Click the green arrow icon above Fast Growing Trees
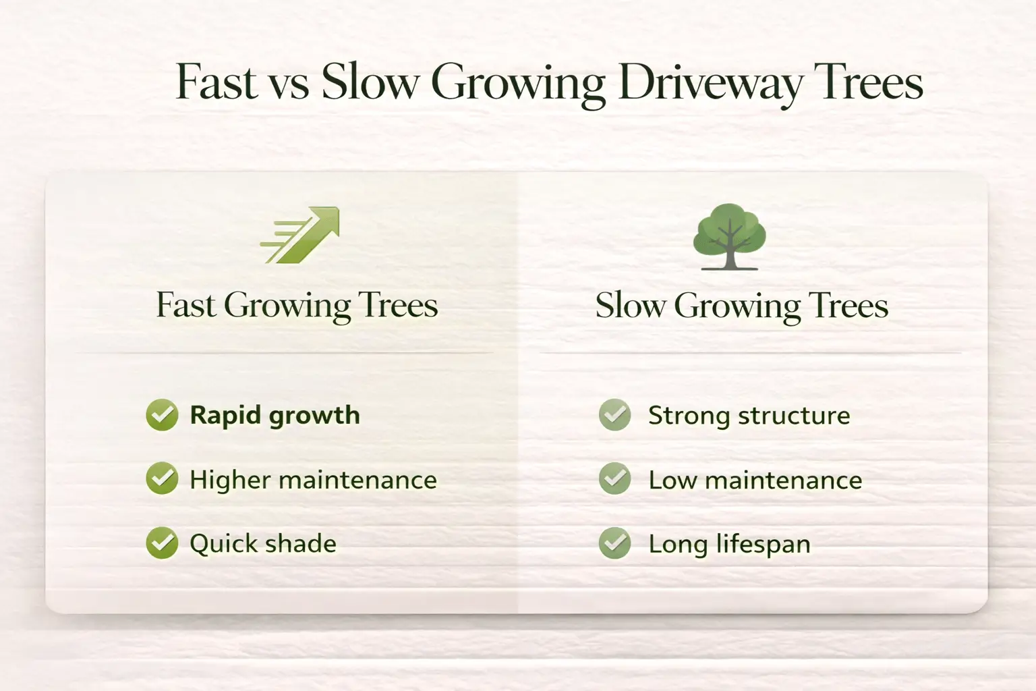click(x=299, y=235)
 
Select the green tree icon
click(x=729, y=236)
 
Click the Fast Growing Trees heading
click(x=297, y=306)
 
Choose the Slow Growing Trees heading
click(x=742, y=306)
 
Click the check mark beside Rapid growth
click(x=162, y=415)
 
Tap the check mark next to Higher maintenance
click(x=162, y=478)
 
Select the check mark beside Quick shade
click(x=162, y=543)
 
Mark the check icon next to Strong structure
click(x=614, y=415)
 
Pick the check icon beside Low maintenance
click(x=614, y=478)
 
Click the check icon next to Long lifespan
click(x=614, y=543)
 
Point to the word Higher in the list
click(x=230, y=480)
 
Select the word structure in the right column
click(x=794, y=416)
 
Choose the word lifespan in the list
click(x=763, y=545)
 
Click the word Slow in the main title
click(x=370, y=82)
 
